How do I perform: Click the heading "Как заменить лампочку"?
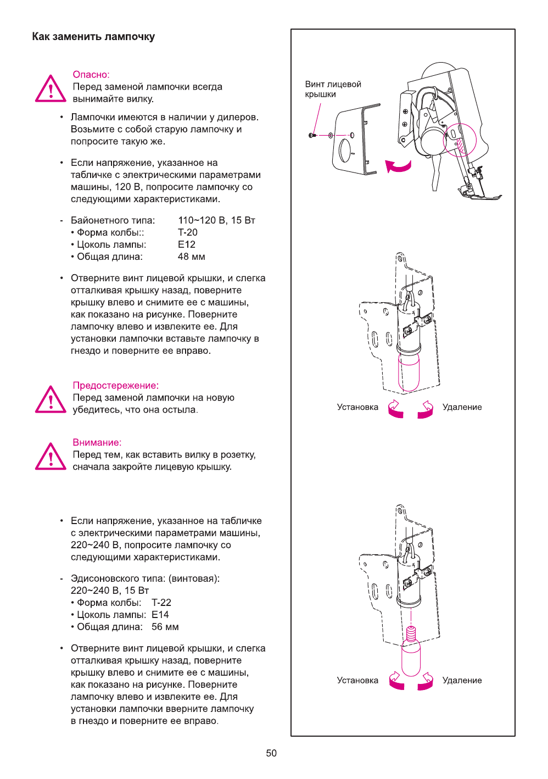(93, 37)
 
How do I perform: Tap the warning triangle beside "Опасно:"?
(51, 89)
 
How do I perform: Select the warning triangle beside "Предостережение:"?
(51, 400)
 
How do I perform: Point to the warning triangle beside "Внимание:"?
(51, 457)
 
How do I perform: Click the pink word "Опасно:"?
(91, 75)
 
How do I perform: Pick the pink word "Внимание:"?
(97, 442)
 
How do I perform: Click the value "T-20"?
(188, 232)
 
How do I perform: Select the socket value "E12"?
(187, 244)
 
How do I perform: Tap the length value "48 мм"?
(192, 257)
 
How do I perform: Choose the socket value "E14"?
(160, 615)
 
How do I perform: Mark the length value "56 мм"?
(165, 627)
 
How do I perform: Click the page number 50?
(271, 753)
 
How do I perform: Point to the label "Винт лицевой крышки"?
(333, 89)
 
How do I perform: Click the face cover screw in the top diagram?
(312, 135)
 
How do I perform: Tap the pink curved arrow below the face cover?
(398, 166)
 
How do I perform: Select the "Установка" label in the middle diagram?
(357, 407)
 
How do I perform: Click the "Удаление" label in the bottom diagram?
(462, 680)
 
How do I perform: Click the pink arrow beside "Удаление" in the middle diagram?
(426, 410)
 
